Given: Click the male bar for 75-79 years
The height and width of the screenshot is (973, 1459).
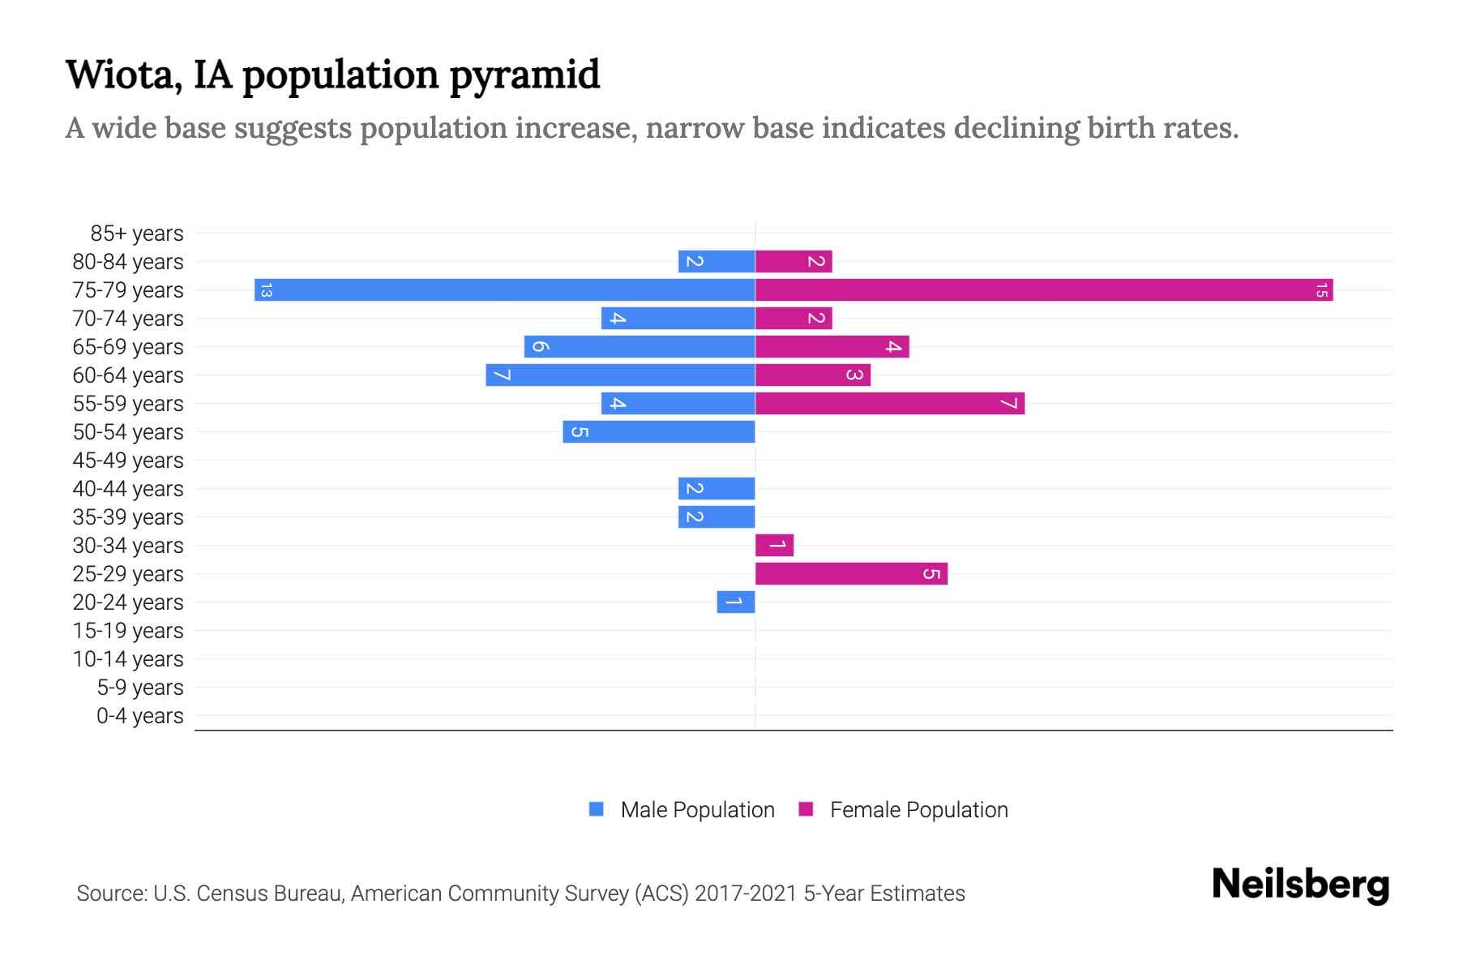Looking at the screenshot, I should point(504,289).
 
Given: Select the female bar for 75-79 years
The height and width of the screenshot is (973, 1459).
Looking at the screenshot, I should point(1044,289).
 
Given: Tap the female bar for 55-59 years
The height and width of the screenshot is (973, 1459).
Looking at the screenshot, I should point(889,403).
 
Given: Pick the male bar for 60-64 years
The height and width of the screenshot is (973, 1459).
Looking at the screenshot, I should point(620,375).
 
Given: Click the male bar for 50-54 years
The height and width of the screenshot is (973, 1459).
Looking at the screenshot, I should point(658,431).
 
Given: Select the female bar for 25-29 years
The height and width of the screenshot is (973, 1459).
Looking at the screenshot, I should point(851,573).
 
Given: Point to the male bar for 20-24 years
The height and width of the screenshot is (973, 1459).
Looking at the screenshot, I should point(735,602).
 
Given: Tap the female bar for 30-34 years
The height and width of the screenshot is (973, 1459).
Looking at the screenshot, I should point(774,545).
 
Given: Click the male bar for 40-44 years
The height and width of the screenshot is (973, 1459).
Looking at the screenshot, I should point(717,488).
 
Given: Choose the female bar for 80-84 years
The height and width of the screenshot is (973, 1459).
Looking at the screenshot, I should point(794,261).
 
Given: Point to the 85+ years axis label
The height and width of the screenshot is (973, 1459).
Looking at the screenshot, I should point(136,234).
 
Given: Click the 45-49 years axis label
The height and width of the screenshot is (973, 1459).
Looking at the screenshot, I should point(128,461).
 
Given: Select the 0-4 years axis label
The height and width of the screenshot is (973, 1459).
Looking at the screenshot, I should point(139,716).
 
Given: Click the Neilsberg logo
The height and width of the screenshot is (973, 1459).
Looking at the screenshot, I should point(1300,884).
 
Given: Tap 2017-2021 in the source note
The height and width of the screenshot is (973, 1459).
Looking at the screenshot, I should point(746,894).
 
